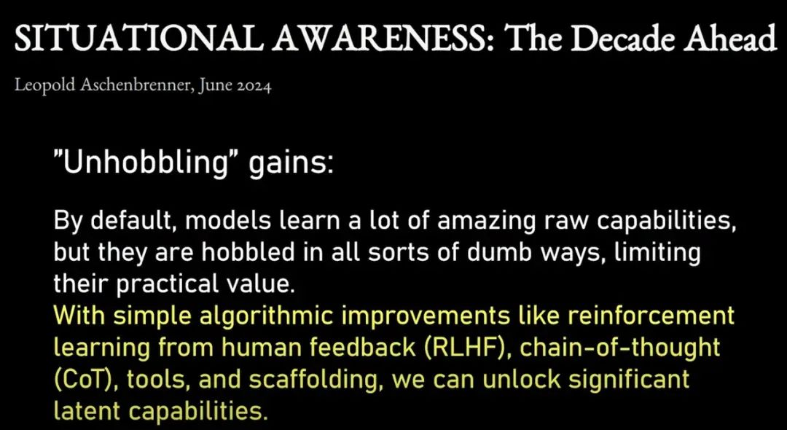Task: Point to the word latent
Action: pos(87,410)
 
